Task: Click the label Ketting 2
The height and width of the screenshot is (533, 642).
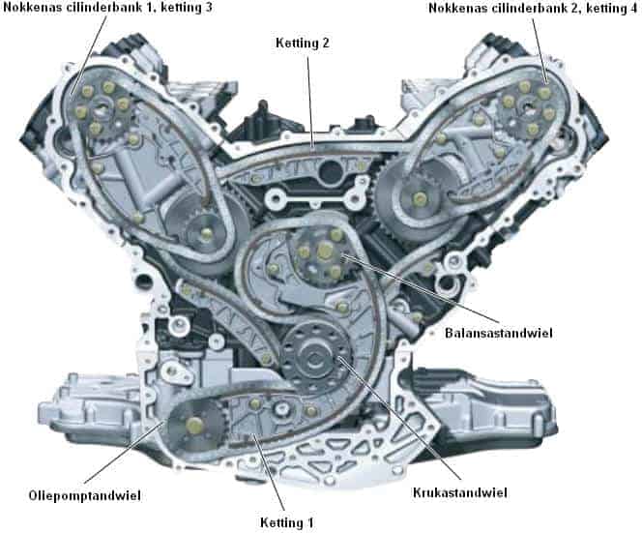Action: coord(303,44)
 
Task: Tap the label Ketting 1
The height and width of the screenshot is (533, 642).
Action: coord(287,521)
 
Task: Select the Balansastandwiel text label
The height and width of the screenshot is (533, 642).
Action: coord(544,332)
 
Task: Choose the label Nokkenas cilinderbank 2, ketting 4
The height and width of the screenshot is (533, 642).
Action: coord(535,9)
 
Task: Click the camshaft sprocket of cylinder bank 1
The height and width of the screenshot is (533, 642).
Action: coord(103,113)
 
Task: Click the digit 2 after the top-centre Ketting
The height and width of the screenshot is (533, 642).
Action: coord(328,44)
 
